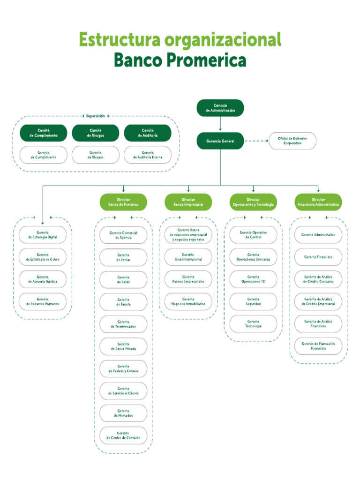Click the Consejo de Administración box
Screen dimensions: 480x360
click(220, 108)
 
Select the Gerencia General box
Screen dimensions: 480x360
click(220, 141)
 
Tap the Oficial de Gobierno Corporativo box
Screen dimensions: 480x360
click(292, 141)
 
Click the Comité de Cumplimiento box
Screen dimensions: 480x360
click(44, 133)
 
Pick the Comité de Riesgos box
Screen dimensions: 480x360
click(96, 133)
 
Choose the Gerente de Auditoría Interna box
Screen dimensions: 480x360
click(148, 155)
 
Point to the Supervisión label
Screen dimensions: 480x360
click(96, 116)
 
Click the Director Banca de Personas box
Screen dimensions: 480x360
click(123, 202)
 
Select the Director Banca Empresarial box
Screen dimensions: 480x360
click(188, 202)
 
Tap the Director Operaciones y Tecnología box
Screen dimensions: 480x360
click(253, 202)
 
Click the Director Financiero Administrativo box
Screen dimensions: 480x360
click(318, 202)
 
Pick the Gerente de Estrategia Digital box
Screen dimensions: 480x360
click(43, 235)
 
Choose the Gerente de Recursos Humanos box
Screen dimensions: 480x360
click(43, 301)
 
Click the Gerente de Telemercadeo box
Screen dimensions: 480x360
click(123, 324)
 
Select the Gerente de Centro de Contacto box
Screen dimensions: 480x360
click(123, 435)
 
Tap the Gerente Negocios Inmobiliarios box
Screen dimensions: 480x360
click(188, 301)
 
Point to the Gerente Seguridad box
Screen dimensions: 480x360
click(253, 301)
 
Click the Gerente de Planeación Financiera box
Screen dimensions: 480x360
click(318, 346)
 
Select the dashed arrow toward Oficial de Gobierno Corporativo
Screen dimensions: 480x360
click(256, 141)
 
